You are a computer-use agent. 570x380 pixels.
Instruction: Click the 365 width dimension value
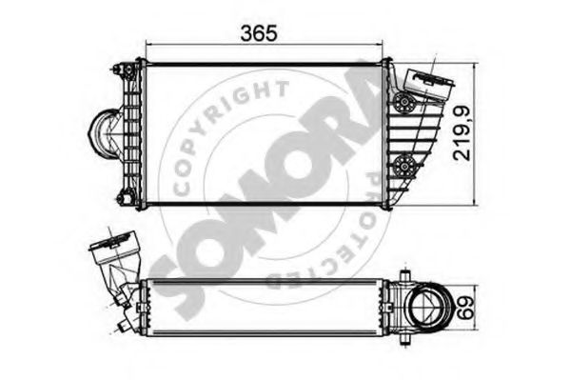[259, 33]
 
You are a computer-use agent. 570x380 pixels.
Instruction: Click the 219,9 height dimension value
[462, 133]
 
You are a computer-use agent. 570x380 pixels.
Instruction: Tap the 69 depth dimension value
[465, 308]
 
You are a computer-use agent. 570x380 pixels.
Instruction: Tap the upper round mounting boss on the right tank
[403, 102]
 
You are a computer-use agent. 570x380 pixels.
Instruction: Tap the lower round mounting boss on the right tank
[403, 166]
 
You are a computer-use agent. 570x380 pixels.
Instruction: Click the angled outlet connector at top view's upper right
[429, 84]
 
